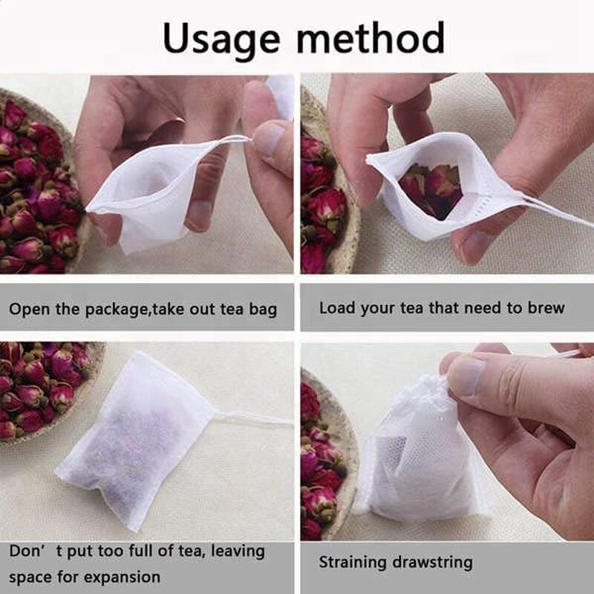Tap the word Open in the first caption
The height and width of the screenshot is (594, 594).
point(28,309)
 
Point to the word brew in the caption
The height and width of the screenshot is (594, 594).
point(545,307)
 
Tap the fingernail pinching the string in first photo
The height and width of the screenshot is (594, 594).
point(268,138)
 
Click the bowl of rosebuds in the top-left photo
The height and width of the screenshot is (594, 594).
point(37,186)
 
